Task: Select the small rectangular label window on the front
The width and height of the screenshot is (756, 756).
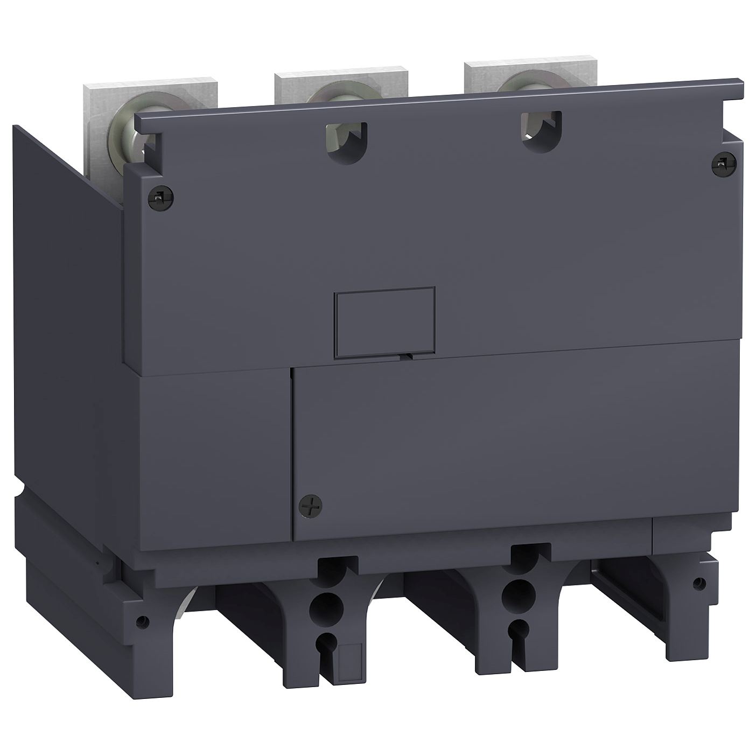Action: [384, 321]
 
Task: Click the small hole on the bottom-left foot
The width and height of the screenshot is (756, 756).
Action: [141, 621]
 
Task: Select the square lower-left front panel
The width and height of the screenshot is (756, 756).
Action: [213, 452]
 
